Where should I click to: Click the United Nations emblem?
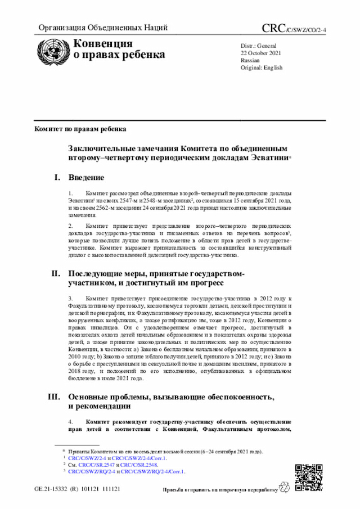pyautogui.click(x=54, y=51)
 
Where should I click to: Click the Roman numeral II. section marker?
pyautogui.click(x=55, y=273)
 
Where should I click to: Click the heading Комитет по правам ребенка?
pyautogui.click(x=80, y=129)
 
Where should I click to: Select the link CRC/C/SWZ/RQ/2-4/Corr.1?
pyautogui.click(x=152, y=472)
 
